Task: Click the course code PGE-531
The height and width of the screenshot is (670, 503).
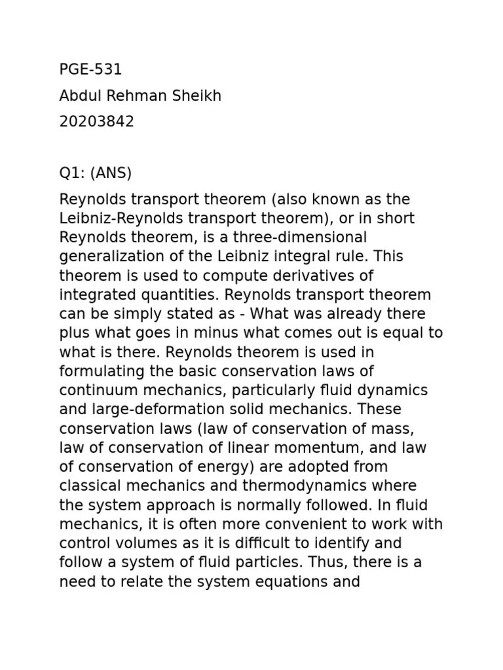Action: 90,70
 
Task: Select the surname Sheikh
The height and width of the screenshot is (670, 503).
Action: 198,96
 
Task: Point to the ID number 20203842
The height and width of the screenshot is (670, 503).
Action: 96,122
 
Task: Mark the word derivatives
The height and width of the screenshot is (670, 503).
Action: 312,275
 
